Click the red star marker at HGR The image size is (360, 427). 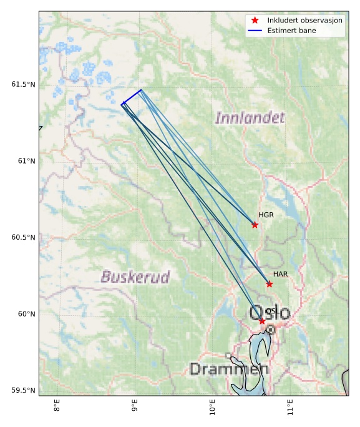[255, 225]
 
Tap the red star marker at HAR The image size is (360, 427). [270, 284]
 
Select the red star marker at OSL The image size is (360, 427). [262, 321]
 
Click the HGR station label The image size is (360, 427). [266, 215]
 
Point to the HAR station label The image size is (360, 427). [280, 275]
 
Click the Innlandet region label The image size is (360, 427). [250, 117]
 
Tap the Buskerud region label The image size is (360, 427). [135, 277]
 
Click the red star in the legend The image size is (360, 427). [255, 21]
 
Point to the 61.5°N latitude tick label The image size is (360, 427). [23, 84]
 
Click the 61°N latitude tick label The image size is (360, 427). [27, 161]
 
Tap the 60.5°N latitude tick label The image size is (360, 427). [23, 238]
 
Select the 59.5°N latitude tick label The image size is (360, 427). [23, 391]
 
